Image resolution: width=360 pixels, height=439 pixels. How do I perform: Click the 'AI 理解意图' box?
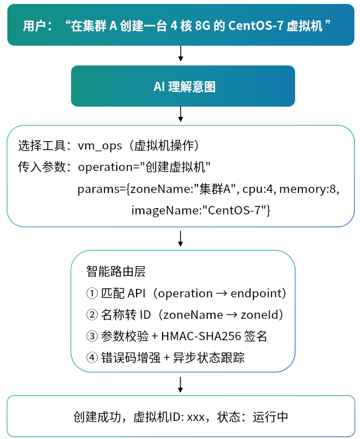183,86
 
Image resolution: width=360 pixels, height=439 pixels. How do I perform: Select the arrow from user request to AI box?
181,53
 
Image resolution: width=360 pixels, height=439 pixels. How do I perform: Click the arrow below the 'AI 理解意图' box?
181,114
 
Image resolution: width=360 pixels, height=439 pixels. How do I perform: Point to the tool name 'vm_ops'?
100,146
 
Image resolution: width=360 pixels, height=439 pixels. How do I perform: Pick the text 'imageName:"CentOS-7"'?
201,210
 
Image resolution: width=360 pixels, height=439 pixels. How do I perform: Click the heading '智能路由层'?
116,271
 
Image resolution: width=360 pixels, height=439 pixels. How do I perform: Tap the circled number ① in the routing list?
92,293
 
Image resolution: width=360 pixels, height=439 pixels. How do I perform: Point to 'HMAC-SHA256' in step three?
201,336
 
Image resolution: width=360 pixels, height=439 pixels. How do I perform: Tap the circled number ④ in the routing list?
92,358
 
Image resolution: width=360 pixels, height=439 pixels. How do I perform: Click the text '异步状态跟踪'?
209,358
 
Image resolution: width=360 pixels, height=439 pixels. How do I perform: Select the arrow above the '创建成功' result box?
181,385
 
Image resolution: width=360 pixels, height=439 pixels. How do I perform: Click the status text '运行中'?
270,417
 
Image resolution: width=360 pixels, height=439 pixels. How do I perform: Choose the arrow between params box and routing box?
181,239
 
